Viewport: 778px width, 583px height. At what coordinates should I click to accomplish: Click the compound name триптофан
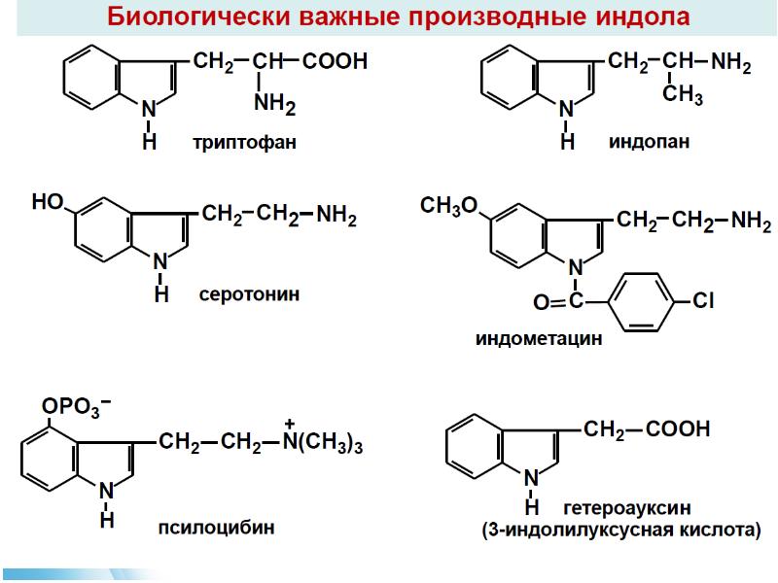tap(244, 143)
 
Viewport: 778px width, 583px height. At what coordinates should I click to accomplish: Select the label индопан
tap(650, 142)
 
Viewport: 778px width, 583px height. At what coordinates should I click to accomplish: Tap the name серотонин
tap(249, 292)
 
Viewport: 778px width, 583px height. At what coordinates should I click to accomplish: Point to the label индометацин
tap(539, 339)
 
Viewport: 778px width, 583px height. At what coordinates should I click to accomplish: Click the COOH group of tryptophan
tap(336, 62)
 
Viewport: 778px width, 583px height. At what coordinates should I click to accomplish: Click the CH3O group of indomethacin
tap(448, 206)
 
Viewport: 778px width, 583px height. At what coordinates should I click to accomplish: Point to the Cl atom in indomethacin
tap(703, 302)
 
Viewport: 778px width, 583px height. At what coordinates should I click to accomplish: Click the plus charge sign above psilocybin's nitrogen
tap(289, 424)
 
